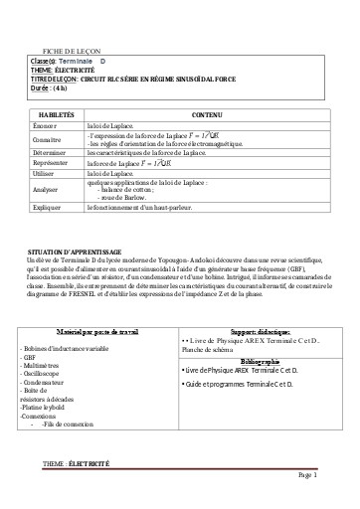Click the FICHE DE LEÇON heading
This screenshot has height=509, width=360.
[x=72, y=50]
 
